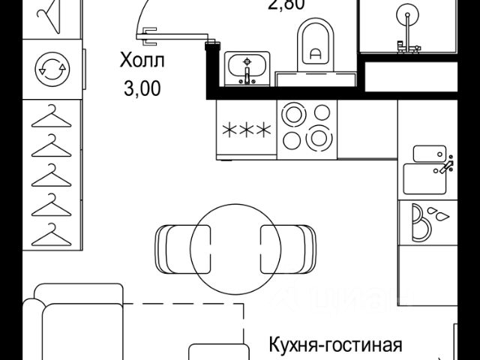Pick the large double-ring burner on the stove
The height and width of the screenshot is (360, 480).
click(x=318, y=138)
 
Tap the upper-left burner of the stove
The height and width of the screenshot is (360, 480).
click(x=290, y=113)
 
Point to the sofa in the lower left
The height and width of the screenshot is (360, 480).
click(x=75, y=322)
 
